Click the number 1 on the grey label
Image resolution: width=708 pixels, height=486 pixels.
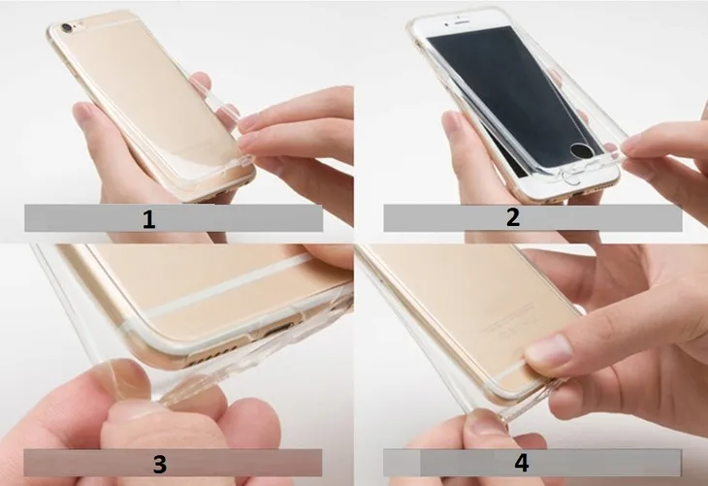pyautogui.click(x=148, y=219)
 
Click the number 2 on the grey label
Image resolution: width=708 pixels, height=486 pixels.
pyautogui.click(x=513, y=217)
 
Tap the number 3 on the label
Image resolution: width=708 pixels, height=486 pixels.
pyautogui.click(x=160, y=464)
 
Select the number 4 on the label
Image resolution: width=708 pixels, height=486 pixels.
pyautogui.click(x=522, y=463)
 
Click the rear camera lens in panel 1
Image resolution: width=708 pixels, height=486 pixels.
pyautogui.click(x=69, y=28)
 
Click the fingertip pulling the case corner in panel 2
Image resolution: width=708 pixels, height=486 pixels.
pyautogui.click(x=633, y=145)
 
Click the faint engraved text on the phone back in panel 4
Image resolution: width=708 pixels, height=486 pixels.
pyautogui.click(x=510, y=322)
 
